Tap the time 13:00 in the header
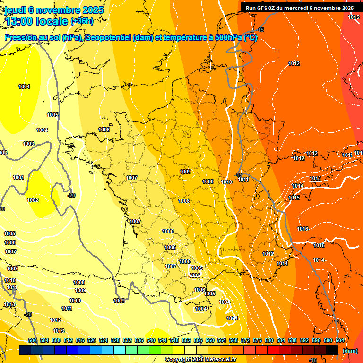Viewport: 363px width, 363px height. tap(20, 21)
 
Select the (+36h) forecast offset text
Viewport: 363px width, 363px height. tap(82, 21)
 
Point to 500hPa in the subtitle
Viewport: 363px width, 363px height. tap(227, 38)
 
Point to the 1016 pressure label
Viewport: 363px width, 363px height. tap(302, 229)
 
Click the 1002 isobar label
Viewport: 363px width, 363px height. tap(33, 200)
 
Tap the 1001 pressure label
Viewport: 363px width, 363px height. tap(18, 178)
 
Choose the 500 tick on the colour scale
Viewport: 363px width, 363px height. tap(33, 340)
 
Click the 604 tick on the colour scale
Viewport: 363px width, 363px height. tap(339, 340)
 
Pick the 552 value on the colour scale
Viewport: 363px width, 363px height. tap(186, 340)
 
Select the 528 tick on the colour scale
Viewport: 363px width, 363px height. tap(115, 340)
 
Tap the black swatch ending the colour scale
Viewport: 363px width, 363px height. tap(332, 350)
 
